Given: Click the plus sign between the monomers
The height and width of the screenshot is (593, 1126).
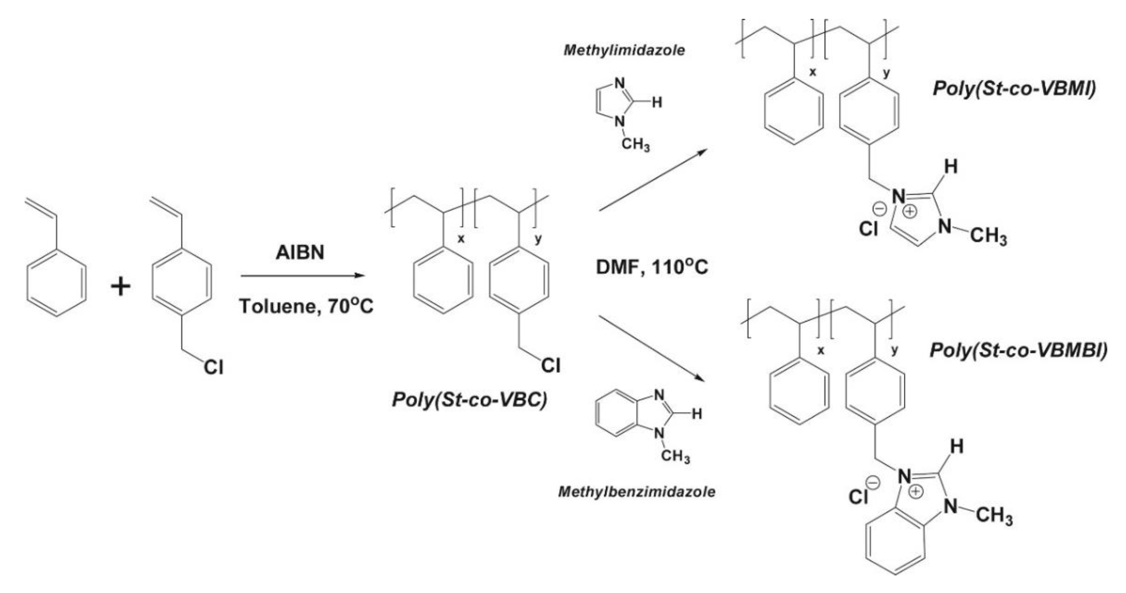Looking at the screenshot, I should (121, 287).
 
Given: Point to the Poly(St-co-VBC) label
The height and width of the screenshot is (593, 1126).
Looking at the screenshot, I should (469, 400).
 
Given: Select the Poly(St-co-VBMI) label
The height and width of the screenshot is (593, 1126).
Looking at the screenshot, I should (1014, 88).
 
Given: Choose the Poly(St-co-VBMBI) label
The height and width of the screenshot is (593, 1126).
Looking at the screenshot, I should (1018, 350).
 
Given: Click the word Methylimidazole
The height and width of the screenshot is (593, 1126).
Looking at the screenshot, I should (624, 50).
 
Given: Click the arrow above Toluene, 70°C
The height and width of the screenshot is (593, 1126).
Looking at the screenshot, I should (303, 276).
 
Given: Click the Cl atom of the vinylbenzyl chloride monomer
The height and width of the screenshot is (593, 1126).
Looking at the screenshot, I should (213, 367).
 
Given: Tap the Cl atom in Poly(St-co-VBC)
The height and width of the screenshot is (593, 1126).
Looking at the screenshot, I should (551, 365).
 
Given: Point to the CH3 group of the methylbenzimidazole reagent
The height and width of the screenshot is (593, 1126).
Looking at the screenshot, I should (675, 457).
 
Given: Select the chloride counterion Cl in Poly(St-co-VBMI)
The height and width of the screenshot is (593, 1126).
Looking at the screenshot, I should (869, 228).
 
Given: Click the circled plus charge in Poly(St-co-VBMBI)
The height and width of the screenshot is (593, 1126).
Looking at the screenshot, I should (915, 492).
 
